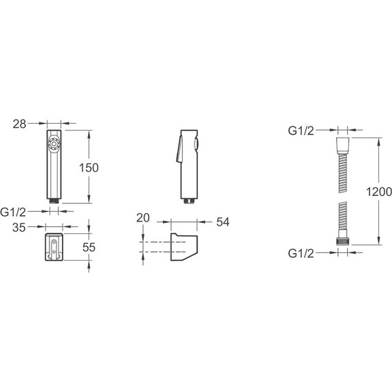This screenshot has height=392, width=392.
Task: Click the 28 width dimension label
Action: tap(19, 124)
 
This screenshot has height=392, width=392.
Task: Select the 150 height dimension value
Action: tap(89, 168)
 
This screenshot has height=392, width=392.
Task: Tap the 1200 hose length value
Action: tap(379, 192)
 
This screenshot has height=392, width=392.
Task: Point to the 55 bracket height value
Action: tap(89, 248)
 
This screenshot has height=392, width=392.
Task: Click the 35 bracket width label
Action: tap(19, 228)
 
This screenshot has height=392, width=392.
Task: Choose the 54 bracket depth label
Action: tap(223, 221)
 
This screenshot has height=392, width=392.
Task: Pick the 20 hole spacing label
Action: tap(143, 218)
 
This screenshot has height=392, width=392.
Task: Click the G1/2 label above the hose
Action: tap(301, 131)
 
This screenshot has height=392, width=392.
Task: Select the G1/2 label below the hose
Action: tap(301, 254)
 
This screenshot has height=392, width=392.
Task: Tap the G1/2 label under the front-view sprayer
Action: tap(13, 213)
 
